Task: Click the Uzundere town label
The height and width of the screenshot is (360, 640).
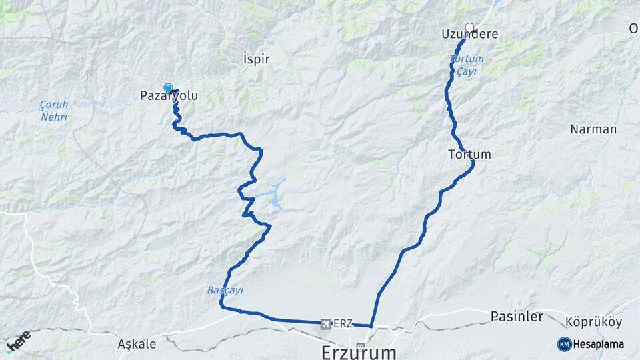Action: [469, 34]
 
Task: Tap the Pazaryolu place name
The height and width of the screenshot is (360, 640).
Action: [169, 96]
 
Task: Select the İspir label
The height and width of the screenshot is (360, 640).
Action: [257, 59]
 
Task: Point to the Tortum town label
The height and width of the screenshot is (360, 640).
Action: [470, 155]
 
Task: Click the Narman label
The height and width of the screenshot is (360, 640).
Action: [593, 129]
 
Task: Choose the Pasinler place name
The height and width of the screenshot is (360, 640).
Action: [517, 316]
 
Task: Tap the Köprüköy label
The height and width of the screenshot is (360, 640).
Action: [593, 322]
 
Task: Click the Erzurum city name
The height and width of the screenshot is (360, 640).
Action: [359, 351]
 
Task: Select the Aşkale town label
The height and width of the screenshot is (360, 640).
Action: [137, 344]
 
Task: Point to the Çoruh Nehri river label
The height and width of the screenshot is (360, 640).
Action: [53, 111]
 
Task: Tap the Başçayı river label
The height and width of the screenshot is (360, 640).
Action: [225, 291]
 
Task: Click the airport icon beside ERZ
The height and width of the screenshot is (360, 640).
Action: [325, 324]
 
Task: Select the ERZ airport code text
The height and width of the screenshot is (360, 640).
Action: [342, 324]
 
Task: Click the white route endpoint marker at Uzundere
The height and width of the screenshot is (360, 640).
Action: [469, 27]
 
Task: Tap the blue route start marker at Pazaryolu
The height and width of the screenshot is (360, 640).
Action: [168, 87]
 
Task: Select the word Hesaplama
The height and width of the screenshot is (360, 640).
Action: [598, 344]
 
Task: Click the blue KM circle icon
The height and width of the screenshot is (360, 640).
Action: [564, 344]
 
